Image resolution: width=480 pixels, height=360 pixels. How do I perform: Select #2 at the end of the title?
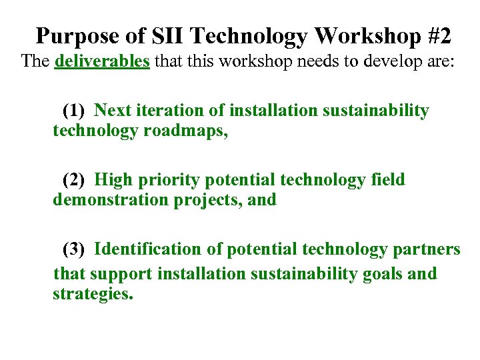(436, 36)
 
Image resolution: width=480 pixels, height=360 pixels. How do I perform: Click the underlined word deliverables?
(102, 62)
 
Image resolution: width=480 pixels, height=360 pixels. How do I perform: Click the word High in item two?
(114, 180)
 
